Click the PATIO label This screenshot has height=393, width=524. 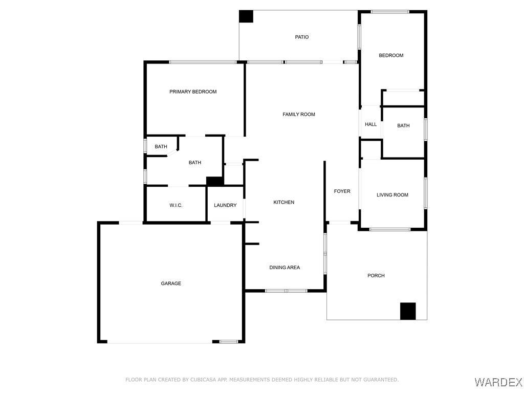[x=302, y=37]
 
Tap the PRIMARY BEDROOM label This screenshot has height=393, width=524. [x=193, y=92]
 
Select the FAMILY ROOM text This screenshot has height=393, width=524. [x=299, y=114]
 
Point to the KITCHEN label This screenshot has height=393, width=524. [x=283, y=202]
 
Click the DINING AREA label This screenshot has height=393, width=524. [x=285, y=267]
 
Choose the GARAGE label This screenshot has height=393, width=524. [x=171, y=283]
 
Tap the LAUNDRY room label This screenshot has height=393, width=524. [x=225, y=205]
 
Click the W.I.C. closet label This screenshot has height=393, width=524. [x=176, y=205]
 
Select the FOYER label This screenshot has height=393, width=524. [x=342, y=191]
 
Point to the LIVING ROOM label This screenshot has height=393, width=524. [x=392, y=195]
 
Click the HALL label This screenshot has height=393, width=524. [x=370, y=124]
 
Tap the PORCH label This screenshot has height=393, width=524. [x=376, y=276]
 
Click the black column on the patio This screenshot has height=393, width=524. [x=246, y=16]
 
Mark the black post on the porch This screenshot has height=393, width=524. [x=408, y=311]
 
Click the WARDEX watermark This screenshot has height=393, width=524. [x=498, y=382]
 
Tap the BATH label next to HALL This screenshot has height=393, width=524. [x=403, y=126]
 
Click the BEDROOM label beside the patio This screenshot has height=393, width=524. [x=391, y=55]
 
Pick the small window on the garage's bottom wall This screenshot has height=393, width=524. [x=229, y=341]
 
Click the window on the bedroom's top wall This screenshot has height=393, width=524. [x=390, y=12]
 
